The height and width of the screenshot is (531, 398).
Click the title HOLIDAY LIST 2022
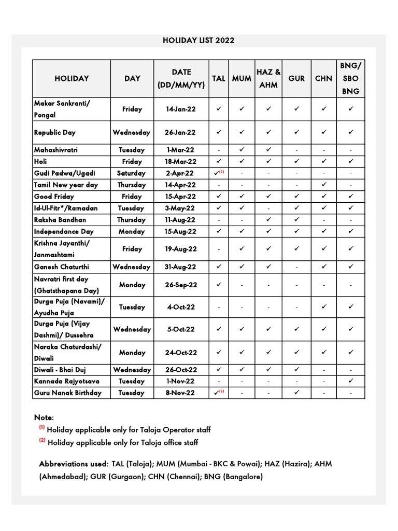(x=199, y=40)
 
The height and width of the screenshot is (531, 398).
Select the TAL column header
(x=219, y=79)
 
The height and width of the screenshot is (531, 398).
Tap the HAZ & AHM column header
(x=268, y=79)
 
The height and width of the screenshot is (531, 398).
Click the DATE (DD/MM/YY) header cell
(x=181, y=79)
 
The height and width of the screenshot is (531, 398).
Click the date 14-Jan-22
(x=181, y=109)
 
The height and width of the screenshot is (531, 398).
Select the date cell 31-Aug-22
(x=181, y=267)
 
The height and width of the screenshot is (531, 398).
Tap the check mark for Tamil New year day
(x=323, y=185)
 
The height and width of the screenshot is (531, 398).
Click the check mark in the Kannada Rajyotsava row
(x=350, y=381)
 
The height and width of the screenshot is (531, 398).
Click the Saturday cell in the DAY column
(x=132, y=173)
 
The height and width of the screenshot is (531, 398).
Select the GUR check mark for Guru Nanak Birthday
(x=296, y=393)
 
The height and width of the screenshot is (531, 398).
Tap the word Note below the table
(x=44, y=417)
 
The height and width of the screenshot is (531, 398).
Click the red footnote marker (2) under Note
(x=42, y=441)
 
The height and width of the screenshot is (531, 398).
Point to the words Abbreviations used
(x=74, y=464)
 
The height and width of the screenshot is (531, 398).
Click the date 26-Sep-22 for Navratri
(x=181, y=285)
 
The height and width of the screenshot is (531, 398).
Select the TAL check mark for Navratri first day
(x=219, y=285)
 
